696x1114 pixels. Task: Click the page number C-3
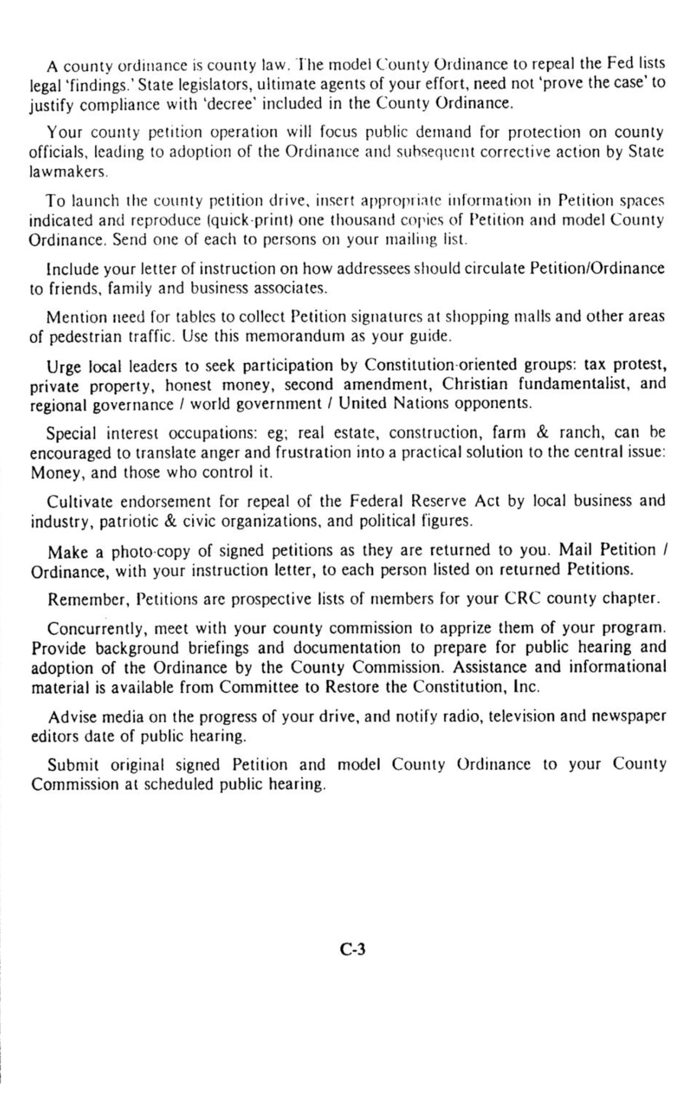(x=353, y=949)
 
